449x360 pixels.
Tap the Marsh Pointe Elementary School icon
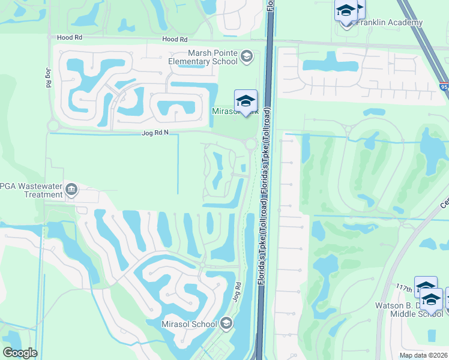point(246,57)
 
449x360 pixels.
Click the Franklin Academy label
point(390,23)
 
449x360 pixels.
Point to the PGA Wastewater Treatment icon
point(71,190)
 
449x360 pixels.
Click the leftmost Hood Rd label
point(69,37)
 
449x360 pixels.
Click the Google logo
point(19,353)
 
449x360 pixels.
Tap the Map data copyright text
point(424,355)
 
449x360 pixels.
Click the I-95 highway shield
point(444,87)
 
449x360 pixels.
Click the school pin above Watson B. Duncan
point(426,287)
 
